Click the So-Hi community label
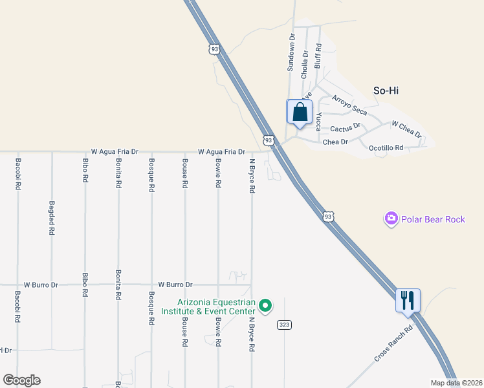[386, 91]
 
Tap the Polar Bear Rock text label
[432, 219]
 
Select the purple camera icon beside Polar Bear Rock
[391, 219]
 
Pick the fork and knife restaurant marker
[408, 301]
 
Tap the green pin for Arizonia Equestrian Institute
[265, 305]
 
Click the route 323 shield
[283, 324]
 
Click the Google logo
[21, 380]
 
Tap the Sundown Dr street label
[291, 52]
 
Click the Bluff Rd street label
[318, 56]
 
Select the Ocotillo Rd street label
[386, 148]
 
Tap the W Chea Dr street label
[406, 129]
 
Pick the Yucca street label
[319, 121]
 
